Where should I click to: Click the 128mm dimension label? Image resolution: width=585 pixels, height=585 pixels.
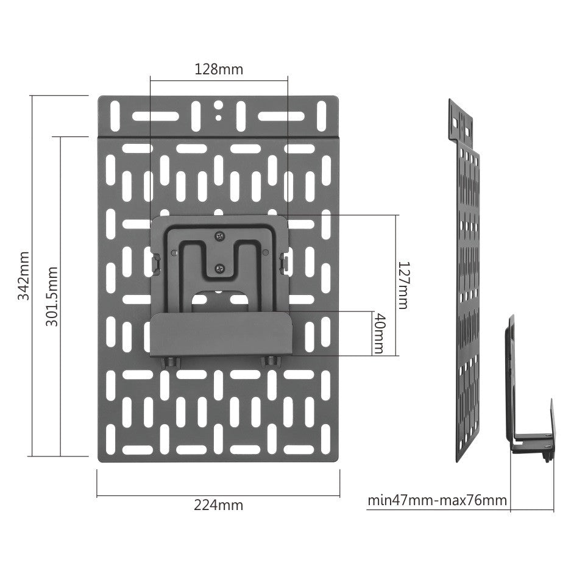point(218,69)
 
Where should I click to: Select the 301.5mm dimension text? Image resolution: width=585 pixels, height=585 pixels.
point(52,296)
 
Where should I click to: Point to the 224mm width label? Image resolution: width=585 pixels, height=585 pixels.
point(218,505)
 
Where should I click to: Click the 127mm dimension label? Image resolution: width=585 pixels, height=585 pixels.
point(403,285)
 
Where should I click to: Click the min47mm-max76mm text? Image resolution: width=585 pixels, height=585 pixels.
point(437,500)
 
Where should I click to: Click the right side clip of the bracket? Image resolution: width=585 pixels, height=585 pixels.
point(285,261)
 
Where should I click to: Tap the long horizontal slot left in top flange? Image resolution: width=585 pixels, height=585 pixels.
point(152,116)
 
